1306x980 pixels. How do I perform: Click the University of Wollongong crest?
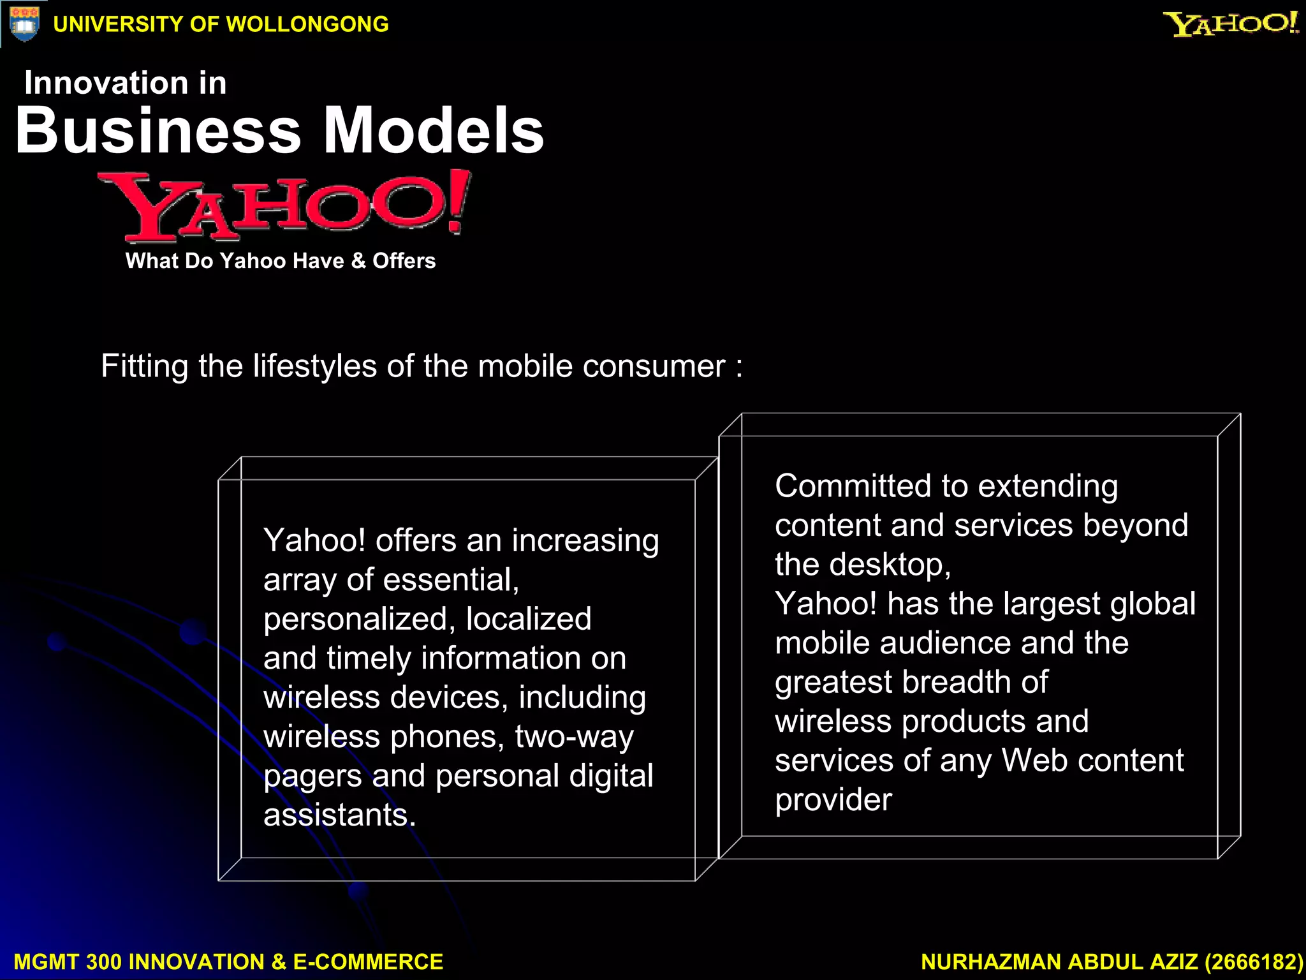tap(24, 24)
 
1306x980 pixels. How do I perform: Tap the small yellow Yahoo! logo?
tap(1230, 24)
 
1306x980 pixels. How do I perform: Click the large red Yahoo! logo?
tap(284, 206)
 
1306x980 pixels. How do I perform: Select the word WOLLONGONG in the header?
tap(307, 24)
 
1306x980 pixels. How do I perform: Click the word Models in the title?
tap(434, 131)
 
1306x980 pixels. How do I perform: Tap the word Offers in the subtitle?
tap(404, 261)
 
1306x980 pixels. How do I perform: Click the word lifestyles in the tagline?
tap(315, 367)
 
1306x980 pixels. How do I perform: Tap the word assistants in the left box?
tap(339, 815)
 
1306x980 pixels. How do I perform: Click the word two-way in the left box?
tap(574, 737)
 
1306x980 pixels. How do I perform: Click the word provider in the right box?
tap(833, 800)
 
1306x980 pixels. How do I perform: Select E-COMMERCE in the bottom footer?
tap(368, 962)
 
